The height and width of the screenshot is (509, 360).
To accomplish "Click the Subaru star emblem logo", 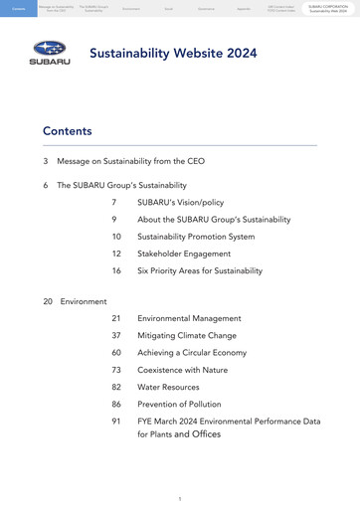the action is (x=49, y=47).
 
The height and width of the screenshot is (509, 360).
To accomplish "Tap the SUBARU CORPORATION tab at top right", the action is (x=327, y=8).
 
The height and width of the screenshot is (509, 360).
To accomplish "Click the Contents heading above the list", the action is (x=67, y=131).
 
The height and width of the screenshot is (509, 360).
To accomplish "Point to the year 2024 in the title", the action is (x=237, y=53).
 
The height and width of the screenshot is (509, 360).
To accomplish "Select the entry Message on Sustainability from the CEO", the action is (x=131, y=161).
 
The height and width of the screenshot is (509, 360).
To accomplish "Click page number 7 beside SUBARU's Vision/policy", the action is (x=114, y=202).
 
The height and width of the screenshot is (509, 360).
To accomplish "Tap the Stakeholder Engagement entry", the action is (x=183, y=254).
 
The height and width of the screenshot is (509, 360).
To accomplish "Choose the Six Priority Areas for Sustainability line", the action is (x=200, y=270).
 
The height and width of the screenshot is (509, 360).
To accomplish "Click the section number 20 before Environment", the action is (x=48, y=300).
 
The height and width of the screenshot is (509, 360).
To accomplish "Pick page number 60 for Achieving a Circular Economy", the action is (x=116, y=353).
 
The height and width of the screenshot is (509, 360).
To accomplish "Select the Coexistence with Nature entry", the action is (x=182, y=370).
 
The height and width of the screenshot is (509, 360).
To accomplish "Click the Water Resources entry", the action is (x=168, y=387).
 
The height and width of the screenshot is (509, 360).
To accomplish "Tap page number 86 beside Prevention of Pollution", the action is (x=116, y=405).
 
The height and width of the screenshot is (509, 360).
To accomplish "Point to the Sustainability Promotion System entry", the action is (x=196, y=237).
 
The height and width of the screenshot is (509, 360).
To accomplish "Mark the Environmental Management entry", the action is (x=189, y=318).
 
